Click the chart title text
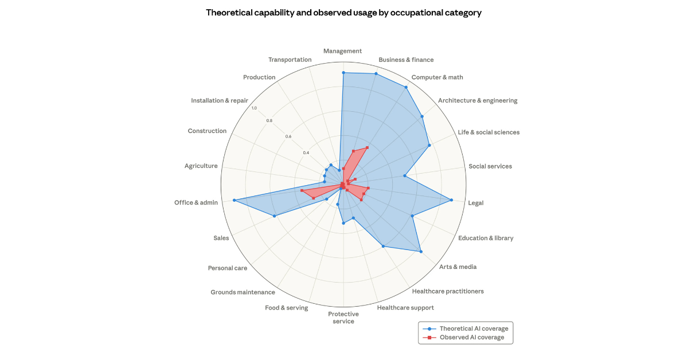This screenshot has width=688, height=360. pyautogui.click(x=343, y=13)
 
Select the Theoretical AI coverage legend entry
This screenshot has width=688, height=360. pyautogui.click(x=473, y=328)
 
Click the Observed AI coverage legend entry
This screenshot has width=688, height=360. pyautogui.click(x=471, y=337)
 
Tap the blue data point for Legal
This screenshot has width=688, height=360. pyautogui.click(x=451, y=200)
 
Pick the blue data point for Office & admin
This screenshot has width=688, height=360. pyautogui.click(x=234, y=200)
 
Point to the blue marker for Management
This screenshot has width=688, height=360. pyautogui.click(x=343, y=73)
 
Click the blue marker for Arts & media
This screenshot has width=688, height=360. pyautogui.click(x=420, y=251)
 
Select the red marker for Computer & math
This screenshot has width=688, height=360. pyautogui.click(x=367, y=147)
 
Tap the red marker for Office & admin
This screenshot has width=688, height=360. pyautogui.click(x=302, y=190)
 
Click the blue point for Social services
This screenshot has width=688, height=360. pyautogui.click(x=405, y=175)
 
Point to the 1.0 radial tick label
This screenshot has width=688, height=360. pyautogui.click(x=254, y=108)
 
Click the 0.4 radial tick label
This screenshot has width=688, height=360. pyautogui.click(x=306, y=153)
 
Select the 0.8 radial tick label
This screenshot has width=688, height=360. pyautogui.click(x=269, y=120)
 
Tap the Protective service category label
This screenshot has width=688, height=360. pyautogui.click(x=343, y=318)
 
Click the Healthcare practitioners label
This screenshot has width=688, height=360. pyautogui.click(x=448, y=291)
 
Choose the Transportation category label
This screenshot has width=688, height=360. pyautogui.click(x=290, y=60)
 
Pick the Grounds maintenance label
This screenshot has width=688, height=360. pyautogui.click(x=243, y=292)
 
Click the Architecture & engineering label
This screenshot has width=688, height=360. pyautogui.click(x=478, y=100)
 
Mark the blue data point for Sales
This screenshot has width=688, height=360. pyautogui.click(x=274, y=216)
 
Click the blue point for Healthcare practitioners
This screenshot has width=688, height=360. pyautogui.click(x=383, y=246)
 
